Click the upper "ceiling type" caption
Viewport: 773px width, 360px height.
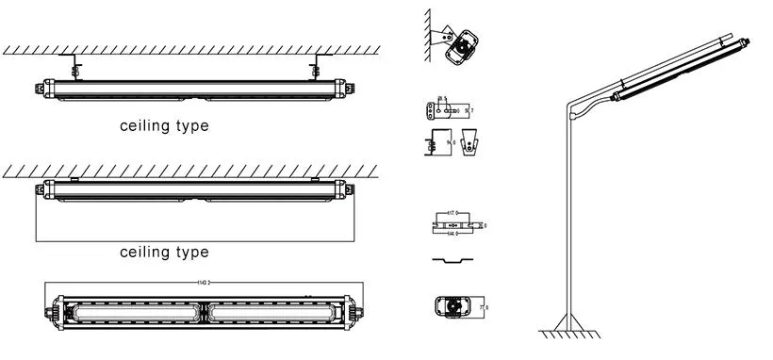pos(164,125)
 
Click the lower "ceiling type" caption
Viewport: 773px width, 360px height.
pos(164,253)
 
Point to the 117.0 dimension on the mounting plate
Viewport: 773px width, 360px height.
pos(454,215)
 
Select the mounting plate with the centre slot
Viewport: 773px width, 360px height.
pos(455,226)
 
